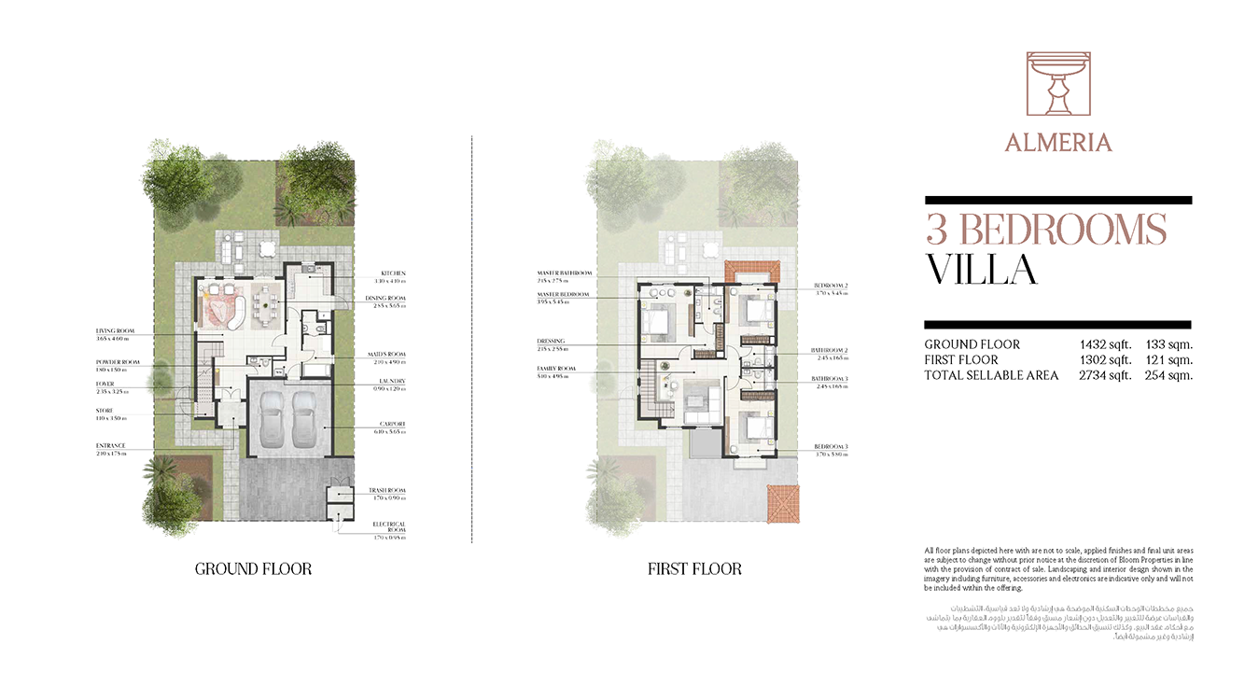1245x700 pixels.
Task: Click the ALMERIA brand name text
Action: pos(1058,143)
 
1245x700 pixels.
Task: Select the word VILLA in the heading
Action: pos(981,270)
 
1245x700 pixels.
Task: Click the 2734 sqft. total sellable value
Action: pos(1106,375)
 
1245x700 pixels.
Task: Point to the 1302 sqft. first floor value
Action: pos(1106,360)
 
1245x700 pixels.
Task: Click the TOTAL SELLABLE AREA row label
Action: pos(991,375)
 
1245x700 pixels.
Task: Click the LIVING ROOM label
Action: pos(115,330)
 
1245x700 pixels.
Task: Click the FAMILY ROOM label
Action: pos(556,369)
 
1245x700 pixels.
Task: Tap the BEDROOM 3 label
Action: pos(831,447)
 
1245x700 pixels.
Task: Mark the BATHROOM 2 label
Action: pos(830,351)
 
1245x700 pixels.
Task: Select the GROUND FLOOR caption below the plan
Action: pos(253,568)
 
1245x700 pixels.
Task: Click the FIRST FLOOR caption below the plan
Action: pos(694,568)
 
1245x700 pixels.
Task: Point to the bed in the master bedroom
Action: pos(657,319)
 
